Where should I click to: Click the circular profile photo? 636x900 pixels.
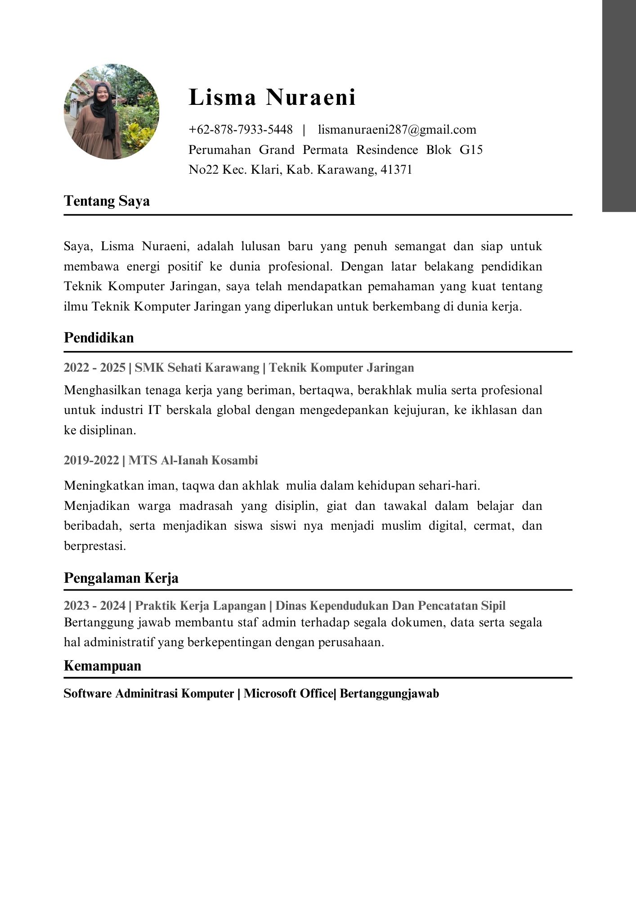pyautogui.click(x=112, y=112)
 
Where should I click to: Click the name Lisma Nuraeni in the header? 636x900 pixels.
pyautogui.click(x=272, y=97)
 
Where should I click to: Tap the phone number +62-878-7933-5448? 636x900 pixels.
pyautogui.click(x=241, y=130)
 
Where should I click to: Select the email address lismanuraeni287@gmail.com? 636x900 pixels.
pyautogui.click(x=397, y=130)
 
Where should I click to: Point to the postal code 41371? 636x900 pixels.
pyautogui.click(x=396, y=170)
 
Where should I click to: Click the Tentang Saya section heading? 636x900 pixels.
pyautogui.click(x=107, y=201)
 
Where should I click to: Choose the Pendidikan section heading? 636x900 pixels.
pyautogui.click(x=99, y=337)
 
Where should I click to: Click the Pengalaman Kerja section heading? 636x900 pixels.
pyautogui.click(x=121, y=578)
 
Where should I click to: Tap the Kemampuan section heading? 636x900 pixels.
pyautogui.click(x=102, y=666)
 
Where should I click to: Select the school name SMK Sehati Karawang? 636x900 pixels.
pyautogui.click(x=197, y=368)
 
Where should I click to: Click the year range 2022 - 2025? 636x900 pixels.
pyautogui.click(x=94, y=368)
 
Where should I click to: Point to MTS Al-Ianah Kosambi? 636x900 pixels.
pyautogui.click(x=193, y=460)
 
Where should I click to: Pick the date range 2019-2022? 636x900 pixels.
pyautogui.click(x=92, y=460)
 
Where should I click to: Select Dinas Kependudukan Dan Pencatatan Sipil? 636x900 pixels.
pyautogui.click(x=390, y=606)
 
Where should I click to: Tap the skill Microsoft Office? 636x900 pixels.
pyautogui.click(x=288, y=693)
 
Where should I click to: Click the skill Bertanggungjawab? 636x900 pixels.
pyautogui.click(x=389, y=693)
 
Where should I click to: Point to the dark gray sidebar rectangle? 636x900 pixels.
pyautogui.click(x=619, y=106)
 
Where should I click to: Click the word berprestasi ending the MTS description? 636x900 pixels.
pyautogui.click(x=94, y=546)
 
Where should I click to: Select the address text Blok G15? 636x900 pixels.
pyautogui.click(x=454, y=150)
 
